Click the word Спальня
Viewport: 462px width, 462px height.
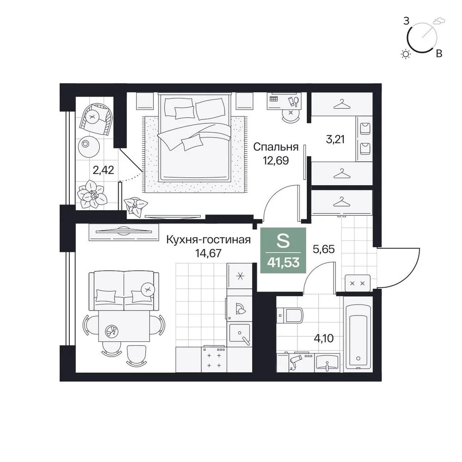(276, 147)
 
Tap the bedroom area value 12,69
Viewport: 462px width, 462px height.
(276, 161)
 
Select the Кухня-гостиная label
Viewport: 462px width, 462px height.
(209, 240)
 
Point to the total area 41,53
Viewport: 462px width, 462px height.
(283, 262)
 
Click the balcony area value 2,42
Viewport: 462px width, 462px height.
(103, 170)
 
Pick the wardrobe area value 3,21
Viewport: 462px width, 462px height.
(335, 139)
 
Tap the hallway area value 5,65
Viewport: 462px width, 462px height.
(323, 249)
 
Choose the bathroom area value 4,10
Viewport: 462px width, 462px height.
(324, 339)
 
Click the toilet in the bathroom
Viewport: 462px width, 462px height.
(290, 315)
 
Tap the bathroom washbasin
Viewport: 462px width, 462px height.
(327, 362)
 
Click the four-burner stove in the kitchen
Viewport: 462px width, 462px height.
(214, 359)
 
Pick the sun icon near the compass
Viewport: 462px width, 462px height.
(406, 54)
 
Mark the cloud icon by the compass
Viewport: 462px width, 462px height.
(439, 21)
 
